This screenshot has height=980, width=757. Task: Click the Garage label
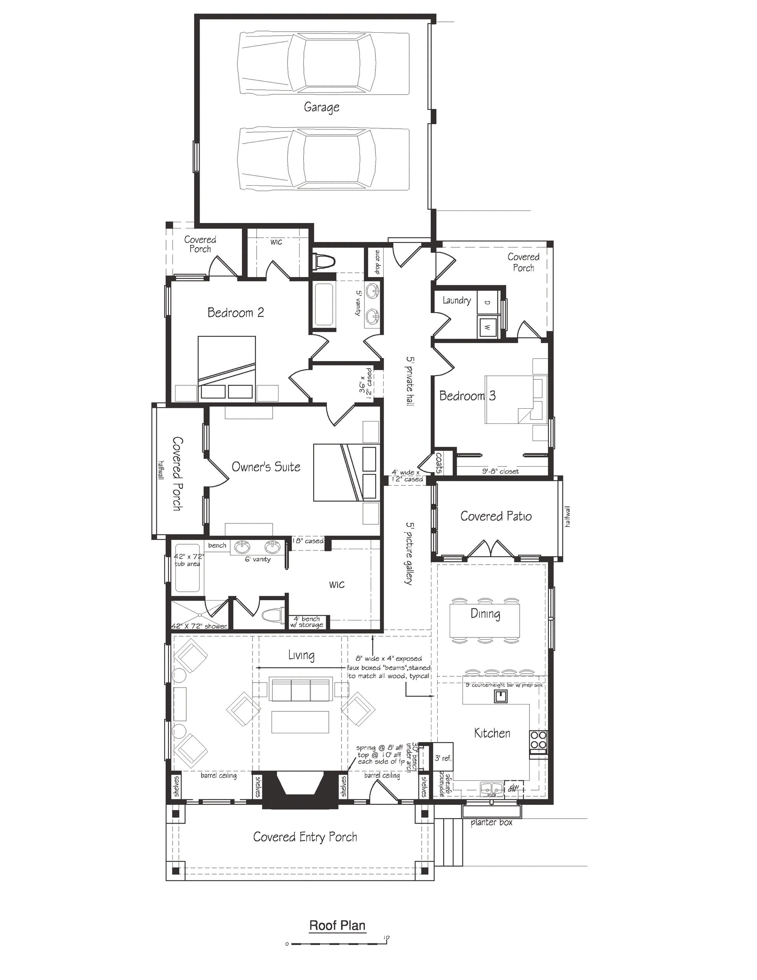321,107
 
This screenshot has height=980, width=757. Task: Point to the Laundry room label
457,300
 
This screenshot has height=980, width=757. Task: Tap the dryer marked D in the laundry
487,302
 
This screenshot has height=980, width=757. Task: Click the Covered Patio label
496,516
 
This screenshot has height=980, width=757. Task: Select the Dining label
485,613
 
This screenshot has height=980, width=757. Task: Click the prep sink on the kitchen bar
501,696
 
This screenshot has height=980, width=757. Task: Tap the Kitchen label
492,733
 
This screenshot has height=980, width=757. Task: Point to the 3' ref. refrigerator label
443,758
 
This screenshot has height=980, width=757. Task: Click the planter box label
491,822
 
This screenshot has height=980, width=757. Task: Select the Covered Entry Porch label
305,837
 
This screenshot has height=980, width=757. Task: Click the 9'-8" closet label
500,471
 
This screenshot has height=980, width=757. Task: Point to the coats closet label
438,463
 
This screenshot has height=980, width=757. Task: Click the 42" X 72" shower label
199,626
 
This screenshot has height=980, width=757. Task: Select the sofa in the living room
300,689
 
